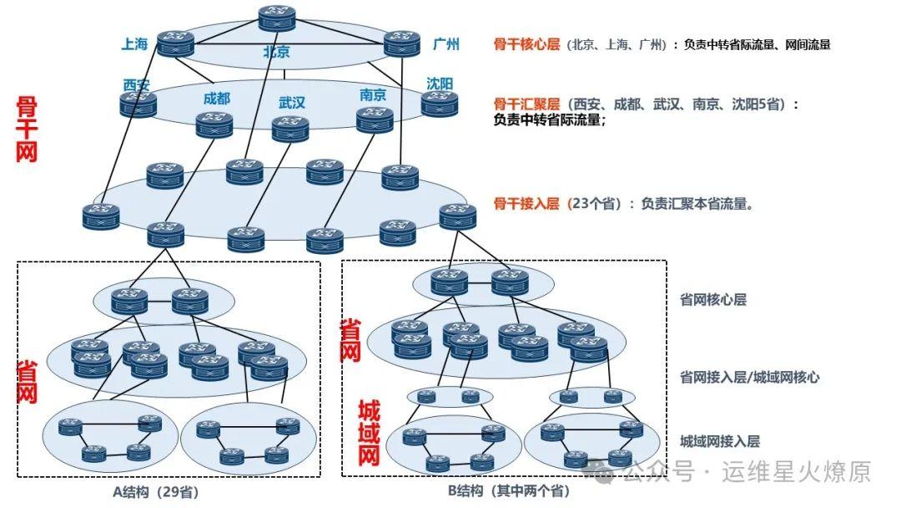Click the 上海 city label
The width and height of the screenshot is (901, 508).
pyautogui.click(x=134, y=44)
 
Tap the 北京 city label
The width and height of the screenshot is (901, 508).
pyautogui.click(x=276, y=52)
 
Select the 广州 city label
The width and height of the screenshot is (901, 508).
pyautogui.click(x=446, y=44)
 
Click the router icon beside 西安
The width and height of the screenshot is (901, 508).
pyautogui.click(x=138, y=104)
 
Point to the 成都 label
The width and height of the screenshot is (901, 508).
pyautogui.click(x=216, y=99)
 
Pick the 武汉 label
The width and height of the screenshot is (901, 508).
pyautogui.click(x=292, y=103)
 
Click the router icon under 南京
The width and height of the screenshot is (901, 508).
pyautogui.click(x=375, y=119)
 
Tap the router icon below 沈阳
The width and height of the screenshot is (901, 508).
pyautogui.click(x=440, y=104)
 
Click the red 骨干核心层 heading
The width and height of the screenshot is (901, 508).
pyautogui.click(x=526, y=45)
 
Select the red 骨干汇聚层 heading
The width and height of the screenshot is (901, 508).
pyautogui.click(x=526, y=104)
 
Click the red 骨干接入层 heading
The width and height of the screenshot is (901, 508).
pyautogui.click(x=526, y=203)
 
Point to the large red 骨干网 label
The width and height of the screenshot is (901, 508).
pyautogui.click(x=27, y=130)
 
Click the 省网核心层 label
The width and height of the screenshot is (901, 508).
pyautogui.click(x=713, y=299)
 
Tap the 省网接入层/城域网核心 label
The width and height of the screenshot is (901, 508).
pyautogui.click(x=749, y=377)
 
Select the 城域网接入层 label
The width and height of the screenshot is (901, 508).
pyautogui.click(x=720, y=441)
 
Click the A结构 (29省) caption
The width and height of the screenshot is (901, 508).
pyautogui.click(x=157, y=491)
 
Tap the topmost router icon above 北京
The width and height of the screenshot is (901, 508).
pyautogui.click(x=276, y=18)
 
